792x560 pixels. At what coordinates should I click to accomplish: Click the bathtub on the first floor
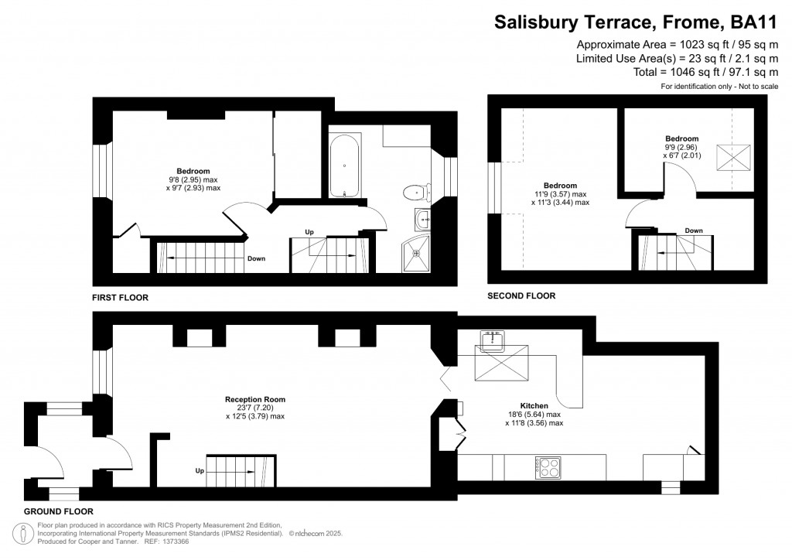point(344,166)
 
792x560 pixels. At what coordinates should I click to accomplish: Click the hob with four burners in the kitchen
point(548,466)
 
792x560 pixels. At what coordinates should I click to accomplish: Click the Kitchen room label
point(534,406)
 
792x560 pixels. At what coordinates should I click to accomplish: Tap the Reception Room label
point(249,400)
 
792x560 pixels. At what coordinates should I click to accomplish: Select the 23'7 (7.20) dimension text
point(249,408)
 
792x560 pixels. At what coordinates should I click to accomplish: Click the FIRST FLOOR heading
point(120,297)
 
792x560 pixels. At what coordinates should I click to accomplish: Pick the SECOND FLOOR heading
point(521,295)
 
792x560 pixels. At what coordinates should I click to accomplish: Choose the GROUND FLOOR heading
point(58,511)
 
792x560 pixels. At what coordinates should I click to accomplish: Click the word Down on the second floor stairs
point(694,230)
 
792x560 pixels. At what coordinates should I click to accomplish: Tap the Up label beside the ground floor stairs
point(200,470)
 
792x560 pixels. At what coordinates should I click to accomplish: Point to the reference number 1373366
point(174,541)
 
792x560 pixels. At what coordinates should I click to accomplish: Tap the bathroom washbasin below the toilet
point(422,220)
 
